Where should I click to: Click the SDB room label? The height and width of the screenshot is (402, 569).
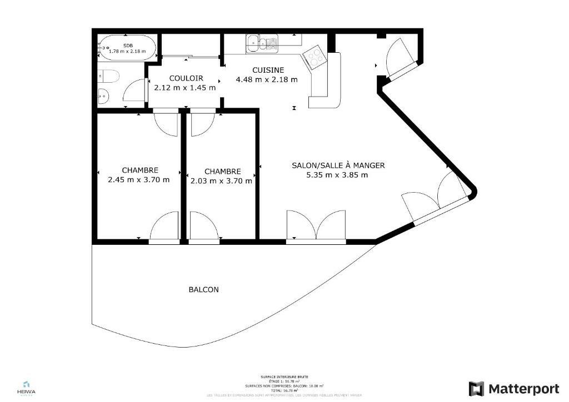tap(128, 46)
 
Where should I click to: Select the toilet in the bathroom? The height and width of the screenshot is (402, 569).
tap(108, 76)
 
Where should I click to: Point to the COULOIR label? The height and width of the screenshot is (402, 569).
tap(186, 78)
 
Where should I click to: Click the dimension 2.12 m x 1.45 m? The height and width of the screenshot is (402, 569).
tap(185, 88)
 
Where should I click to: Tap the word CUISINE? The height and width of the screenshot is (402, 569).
tap(268, 70)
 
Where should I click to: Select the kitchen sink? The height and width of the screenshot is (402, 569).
tap(262, 42)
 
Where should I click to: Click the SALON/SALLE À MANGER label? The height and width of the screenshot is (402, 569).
tap(338, 165)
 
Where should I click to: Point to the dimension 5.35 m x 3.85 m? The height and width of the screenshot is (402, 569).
tap(337, 175)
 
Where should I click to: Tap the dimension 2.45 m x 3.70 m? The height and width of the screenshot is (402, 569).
tap(139, 179)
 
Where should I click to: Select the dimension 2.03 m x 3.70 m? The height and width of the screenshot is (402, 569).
tap(221, 180)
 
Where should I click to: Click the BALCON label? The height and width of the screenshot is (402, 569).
tap(203, 289)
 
